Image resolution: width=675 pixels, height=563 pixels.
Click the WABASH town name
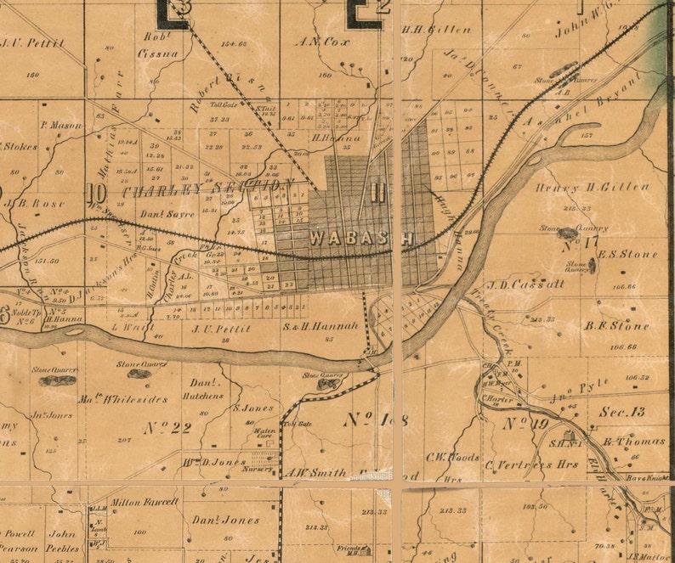point(361,239)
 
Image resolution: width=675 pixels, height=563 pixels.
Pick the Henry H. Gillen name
point(593,187)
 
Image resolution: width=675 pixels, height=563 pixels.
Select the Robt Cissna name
point(159,46)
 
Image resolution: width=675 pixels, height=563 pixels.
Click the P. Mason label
point(60,125)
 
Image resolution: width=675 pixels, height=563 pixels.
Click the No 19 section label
point(525,422)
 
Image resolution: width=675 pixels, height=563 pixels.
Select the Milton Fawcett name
point(145,501)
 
